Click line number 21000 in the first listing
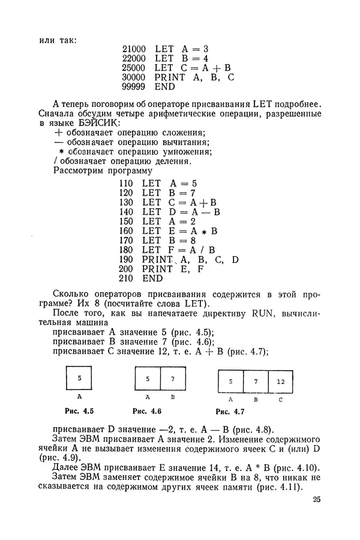(133, 48)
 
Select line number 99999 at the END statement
(133, 87)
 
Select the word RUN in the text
(263, 313)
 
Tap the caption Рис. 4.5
(79, 411)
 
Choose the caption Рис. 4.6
(147, 411)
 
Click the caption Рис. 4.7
(230, 412)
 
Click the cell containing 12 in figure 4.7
(281, 382)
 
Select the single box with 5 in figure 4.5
(79, 379)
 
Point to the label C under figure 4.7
(281, 399)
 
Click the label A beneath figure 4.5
(79, 397)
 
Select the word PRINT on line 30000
(169, 77)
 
